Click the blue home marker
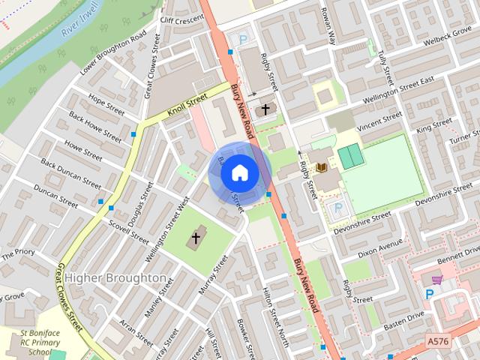click(x=239, y=172)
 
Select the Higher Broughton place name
click(x=115, y=277)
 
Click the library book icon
click(x=322, y=166)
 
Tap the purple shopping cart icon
click(x=436, y=279)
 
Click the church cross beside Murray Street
click(x=196, y=239)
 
